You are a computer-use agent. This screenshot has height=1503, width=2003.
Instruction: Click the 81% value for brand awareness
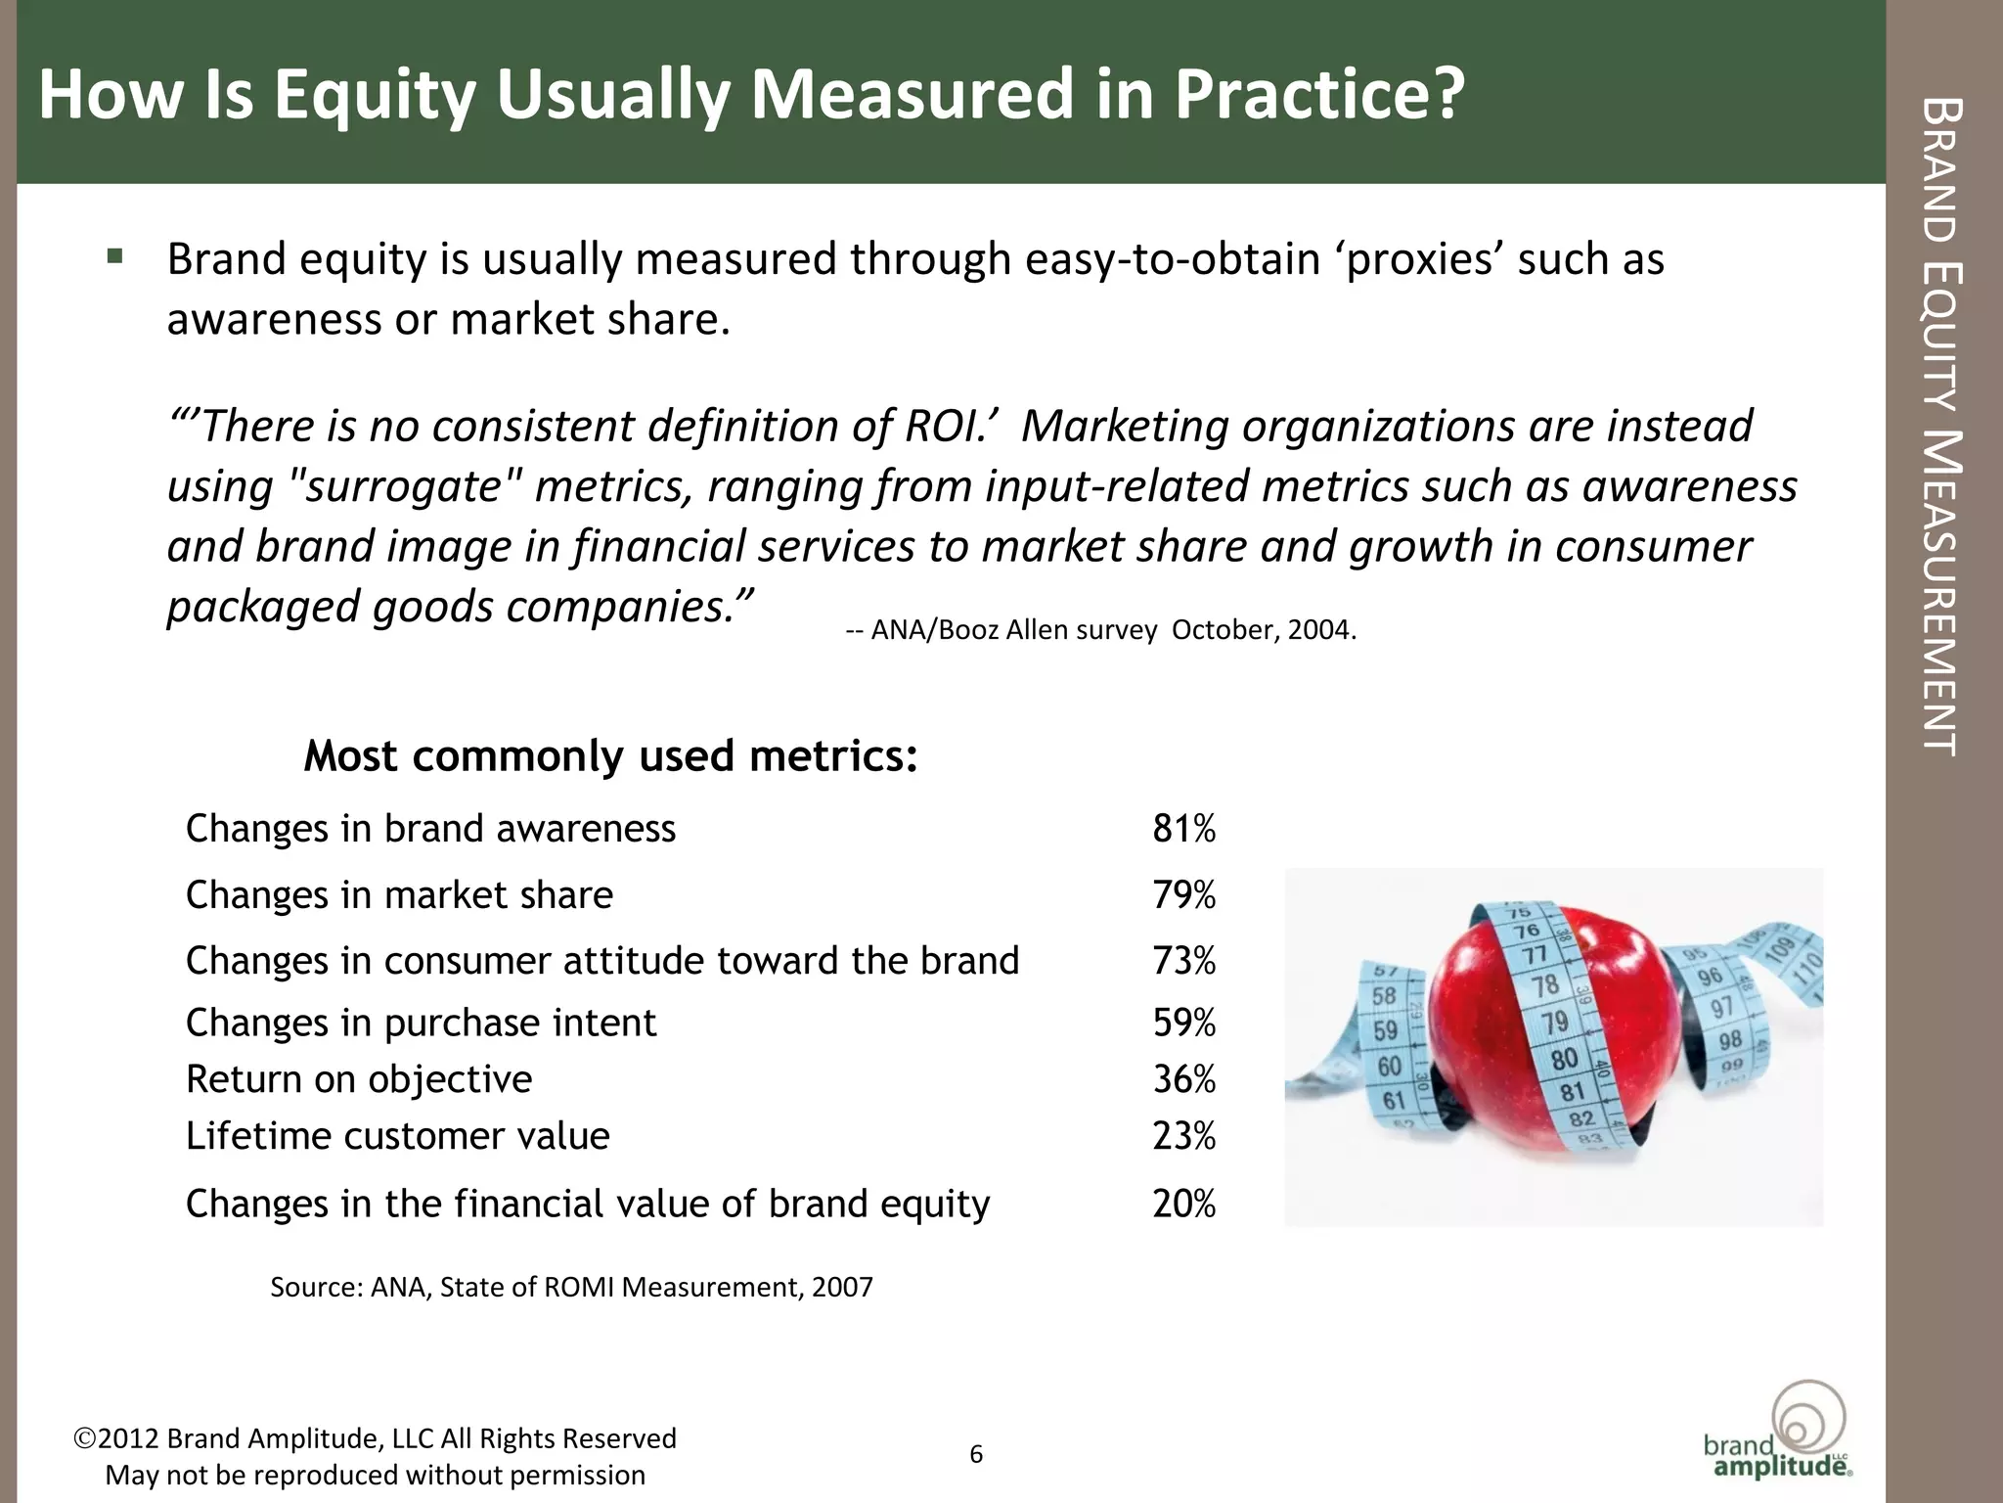[x=1183, y=829]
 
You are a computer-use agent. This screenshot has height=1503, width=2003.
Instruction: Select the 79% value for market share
[x=1183, y=895]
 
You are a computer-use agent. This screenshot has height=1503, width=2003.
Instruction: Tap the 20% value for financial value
[x=1183, y=1204]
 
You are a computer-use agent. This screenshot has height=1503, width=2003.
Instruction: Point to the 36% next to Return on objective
[x=1183, y=1079]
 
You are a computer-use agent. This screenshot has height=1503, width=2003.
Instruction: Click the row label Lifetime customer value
[x=397, y=1136]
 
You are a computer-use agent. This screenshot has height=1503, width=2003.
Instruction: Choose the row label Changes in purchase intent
[x=421, y=1024]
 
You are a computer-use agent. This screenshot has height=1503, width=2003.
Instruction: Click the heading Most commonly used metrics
[x=610, y=756]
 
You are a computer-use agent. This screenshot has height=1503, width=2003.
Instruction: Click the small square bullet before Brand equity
[x=115, y=257]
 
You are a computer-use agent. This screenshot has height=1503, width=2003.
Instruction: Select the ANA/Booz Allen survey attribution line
[x=1100, y=630]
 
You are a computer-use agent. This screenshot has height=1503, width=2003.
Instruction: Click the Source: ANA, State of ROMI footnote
[x=571, y=1287]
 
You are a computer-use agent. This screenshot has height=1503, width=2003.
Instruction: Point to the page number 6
[x=976, y=1454]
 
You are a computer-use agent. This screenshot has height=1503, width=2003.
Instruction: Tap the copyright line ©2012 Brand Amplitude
[x=376, y=1438]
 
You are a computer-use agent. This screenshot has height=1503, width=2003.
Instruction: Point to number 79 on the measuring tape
[x=1554, y=1024]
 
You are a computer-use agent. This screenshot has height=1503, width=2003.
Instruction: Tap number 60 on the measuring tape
[x=1389, y=1066]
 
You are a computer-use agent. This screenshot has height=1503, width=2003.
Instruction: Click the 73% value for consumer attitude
[x=1183, y=961]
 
